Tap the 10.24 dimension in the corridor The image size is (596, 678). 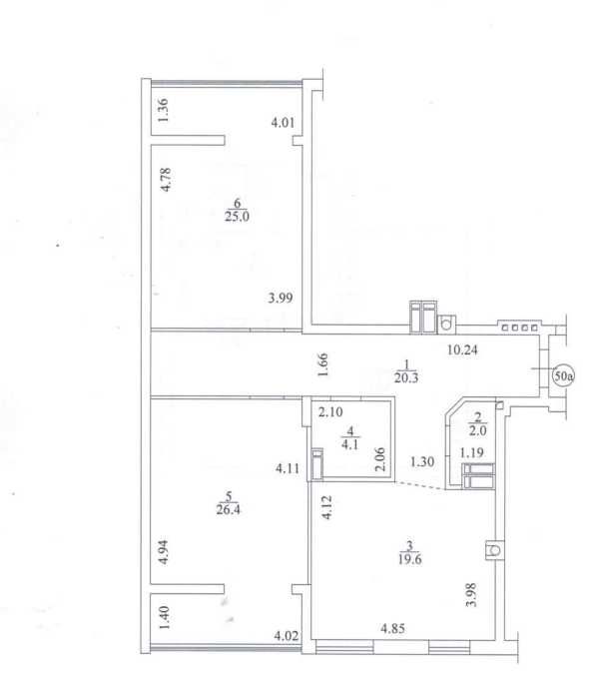pos(462,349)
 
